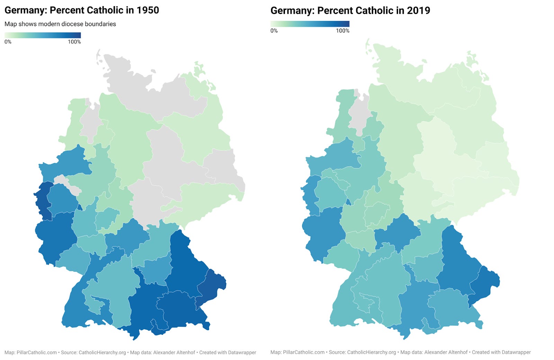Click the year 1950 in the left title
point(148,10)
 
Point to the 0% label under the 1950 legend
point(8,42)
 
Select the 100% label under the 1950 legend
point(74,42)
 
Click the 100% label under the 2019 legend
point(342,31)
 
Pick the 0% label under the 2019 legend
point(274,31)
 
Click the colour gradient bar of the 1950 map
point(43,35)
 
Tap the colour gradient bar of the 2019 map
point(310,24)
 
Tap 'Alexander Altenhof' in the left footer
point(174,352)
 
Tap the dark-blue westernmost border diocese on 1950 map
point(43,199)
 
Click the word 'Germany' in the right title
point(292,10)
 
